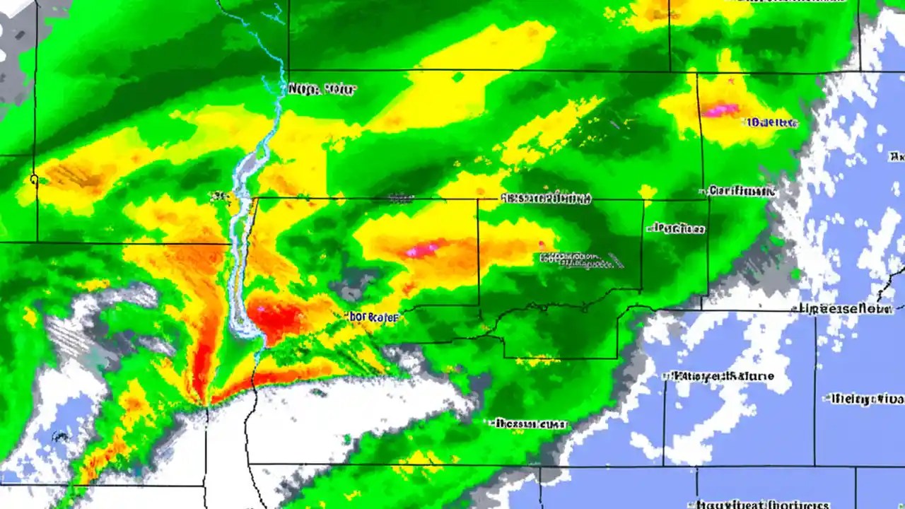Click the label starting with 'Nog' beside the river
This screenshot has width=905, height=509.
[x=322, y=90]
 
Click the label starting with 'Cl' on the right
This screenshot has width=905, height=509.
[x=741, y=191]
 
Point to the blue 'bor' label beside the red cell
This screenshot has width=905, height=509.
[x=374, y=317]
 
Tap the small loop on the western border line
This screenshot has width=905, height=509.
[x=34, y=180]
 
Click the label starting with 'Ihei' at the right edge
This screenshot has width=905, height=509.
[x=864, y=399]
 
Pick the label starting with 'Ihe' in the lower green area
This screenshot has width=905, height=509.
[x=529, y=424]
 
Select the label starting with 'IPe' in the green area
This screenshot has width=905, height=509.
[x=677, y=228]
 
